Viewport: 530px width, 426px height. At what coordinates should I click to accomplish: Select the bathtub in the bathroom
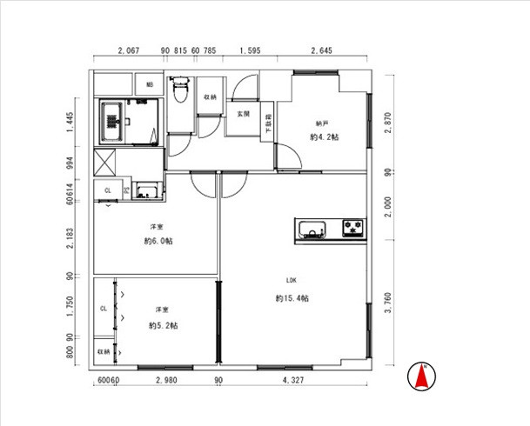111,123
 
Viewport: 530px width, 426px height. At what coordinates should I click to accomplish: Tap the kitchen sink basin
312,230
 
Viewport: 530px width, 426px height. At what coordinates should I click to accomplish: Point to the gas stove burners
354,230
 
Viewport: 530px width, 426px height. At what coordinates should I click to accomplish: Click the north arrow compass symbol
423,375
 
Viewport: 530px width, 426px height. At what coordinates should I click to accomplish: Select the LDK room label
292,280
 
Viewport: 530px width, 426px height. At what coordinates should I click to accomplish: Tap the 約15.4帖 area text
292,298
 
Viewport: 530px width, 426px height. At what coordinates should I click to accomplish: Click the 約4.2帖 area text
322,136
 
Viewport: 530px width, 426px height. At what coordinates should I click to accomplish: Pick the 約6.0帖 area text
158,241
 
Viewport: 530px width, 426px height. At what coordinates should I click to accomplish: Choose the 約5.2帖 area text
163,325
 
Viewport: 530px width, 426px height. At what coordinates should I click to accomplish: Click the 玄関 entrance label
242,114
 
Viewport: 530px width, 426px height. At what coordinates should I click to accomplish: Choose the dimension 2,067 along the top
128,51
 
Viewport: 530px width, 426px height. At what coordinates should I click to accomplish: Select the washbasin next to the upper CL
147,191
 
